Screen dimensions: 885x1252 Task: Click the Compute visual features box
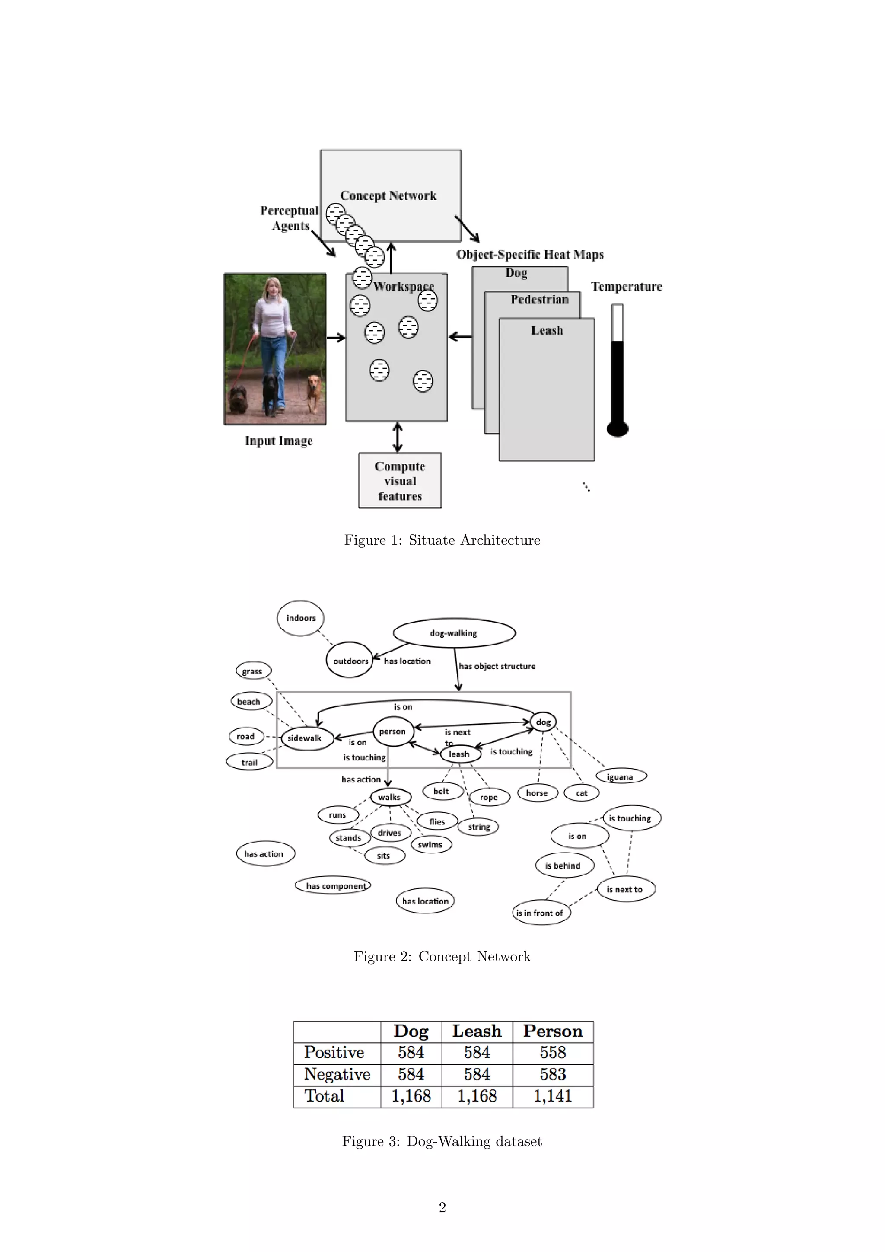tap(400, 480)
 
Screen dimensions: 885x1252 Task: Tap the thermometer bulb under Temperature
tap(618, 428)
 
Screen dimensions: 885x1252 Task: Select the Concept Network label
tap(388, 196)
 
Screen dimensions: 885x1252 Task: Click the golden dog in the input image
tap(313, 393)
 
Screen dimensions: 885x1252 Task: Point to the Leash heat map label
tap(547, 330)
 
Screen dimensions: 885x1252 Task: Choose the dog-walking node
tap(454, 633)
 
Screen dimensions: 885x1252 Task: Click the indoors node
tap(300, 618)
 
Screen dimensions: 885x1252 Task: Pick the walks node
tap(390, 797)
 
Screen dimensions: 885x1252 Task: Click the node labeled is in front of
tap(541, 913)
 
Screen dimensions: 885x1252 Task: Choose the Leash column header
tap(477, 1032)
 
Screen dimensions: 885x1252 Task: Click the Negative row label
tap(337, 1075)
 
